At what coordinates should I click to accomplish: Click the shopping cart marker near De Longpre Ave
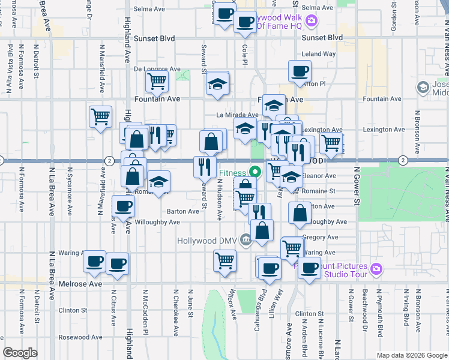pyautogui.click(x=157, y=80)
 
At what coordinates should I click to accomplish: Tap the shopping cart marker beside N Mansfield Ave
pyautogui.click(x=100, y=116)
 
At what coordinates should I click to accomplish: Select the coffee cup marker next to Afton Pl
pyautogui.click(x=299, y=71)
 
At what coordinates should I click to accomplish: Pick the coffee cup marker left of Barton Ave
pyautogui.click(x=123, y=206)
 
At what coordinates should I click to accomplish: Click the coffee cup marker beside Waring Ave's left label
pyautogui.click(x=95, y=261)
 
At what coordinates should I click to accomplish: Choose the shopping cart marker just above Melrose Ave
pyautogui.click(x=225, y=261)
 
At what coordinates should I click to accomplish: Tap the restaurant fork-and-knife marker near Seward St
pyautogui.click(x=205, y=166)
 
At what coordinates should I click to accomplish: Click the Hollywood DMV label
pyautogui.click(x=207, y=241)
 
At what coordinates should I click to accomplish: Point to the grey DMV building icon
pyautogui.click(x=246, y=241)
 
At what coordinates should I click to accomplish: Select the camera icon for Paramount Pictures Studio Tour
pyautogui.click(x=376, y=268)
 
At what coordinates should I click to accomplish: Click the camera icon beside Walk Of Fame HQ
pyautogui.click(x=311, y=22)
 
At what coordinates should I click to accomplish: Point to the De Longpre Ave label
pyautogui.click(x=157, y=69)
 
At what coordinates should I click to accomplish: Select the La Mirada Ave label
pyautogui.click(x=238, y=115)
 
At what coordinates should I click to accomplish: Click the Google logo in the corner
pyautogui.click(x=20, y=353)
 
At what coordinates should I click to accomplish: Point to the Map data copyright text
pyautogui.click(x=411, y=355)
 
